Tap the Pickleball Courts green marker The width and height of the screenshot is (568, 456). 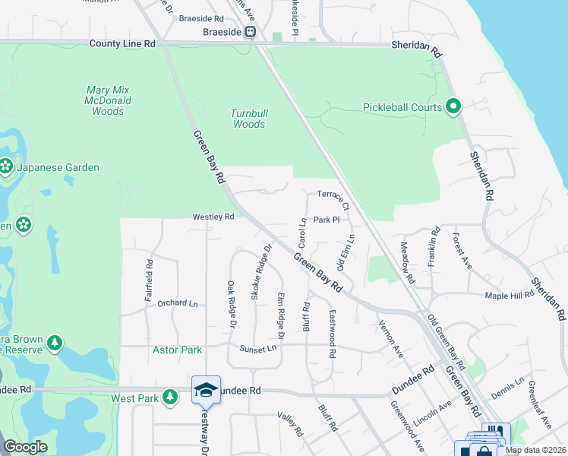[454, 107]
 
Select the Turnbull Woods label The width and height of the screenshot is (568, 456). [248, 119]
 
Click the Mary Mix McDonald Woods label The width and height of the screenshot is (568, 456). [107, 100]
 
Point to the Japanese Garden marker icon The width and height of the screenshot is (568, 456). [5, 167]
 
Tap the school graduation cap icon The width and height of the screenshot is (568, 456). [206, 390]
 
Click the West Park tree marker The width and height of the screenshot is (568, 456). [171, 397]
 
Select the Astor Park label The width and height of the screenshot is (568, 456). [178, 350]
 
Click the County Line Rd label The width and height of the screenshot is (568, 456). [121, 44]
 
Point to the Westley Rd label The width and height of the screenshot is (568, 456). [213, 217]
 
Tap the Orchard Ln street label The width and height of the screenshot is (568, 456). [177, 303]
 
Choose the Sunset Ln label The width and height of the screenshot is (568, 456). [257, 349]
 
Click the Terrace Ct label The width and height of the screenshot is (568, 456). [333, 199]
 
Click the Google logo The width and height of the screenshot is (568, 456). [25, 447]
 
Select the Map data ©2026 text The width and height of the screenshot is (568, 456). [535, 450]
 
